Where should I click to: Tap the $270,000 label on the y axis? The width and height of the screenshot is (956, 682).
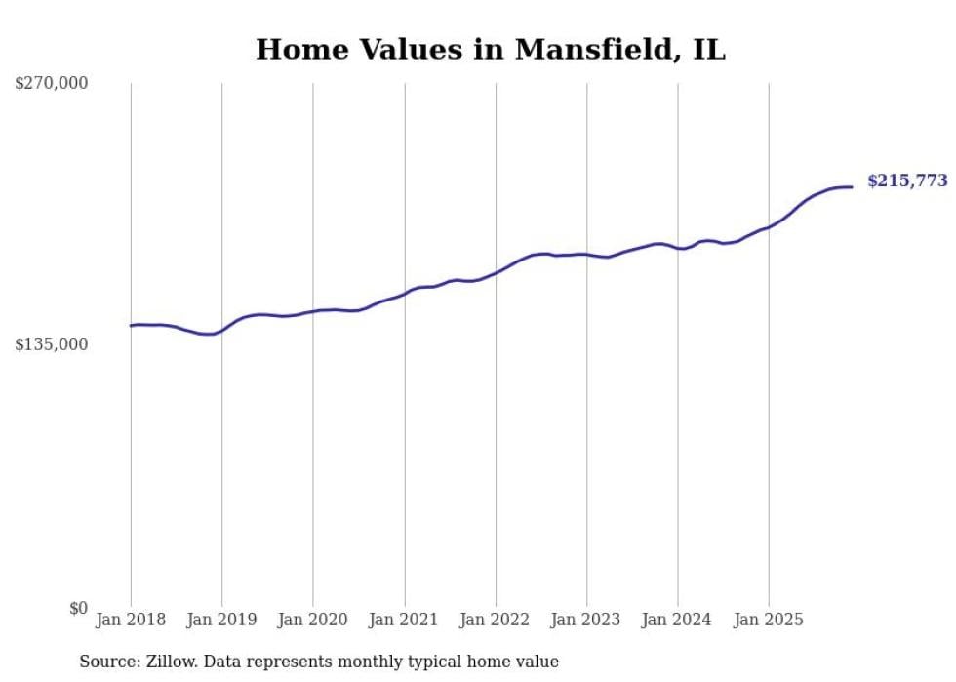point(52,84)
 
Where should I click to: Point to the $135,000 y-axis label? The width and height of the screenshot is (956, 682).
point(52,344)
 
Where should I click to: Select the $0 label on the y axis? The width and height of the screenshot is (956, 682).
point(78,608)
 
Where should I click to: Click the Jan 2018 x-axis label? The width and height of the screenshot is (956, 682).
point(131,620)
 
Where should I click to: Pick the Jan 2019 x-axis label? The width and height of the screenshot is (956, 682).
point(221,620)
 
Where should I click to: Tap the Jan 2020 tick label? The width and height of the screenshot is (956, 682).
point(313,620)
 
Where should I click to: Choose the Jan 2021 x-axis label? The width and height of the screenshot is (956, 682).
point(404,620)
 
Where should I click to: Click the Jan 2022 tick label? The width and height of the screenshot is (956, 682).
point(496,620)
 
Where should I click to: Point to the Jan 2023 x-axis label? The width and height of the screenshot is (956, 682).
point(586,620)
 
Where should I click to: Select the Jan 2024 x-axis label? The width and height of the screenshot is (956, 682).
point(678,620)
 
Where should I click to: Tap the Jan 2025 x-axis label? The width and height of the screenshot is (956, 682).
point(769,620)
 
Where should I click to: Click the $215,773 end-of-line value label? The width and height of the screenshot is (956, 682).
point(907,181)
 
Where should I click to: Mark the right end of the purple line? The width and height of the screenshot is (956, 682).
point(852,186)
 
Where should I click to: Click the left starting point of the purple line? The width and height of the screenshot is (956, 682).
point(131,326)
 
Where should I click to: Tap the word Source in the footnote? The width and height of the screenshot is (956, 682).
point(105,662)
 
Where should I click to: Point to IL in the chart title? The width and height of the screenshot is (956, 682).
point(709,50)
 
